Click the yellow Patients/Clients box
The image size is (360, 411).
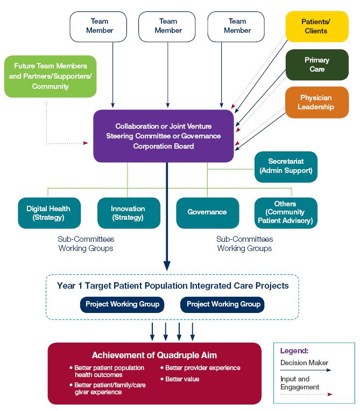pos(316,26)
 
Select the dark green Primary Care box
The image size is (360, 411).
pos(316,65)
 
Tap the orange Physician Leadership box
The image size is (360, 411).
pos(316,102)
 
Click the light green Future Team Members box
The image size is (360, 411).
pos(50,76)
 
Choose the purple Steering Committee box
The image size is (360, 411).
pos(163,136)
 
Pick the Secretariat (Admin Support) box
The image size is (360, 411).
pos(286,166)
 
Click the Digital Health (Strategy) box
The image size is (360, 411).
pos(48,213)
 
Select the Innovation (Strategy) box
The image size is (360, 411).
pos(128,213)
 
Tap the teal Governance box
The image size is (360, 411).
pos(207,212)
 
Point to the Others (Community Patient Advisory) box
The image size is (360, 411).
pos(285,212)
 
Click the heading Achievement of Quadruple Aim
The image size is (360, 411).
pos(154,355)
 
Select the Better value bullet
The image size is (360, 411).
pos(182,379)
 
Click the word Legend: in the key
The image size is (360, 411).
pos(294,351)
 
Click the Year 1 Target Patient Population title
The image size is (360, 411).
pos(173,285)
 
